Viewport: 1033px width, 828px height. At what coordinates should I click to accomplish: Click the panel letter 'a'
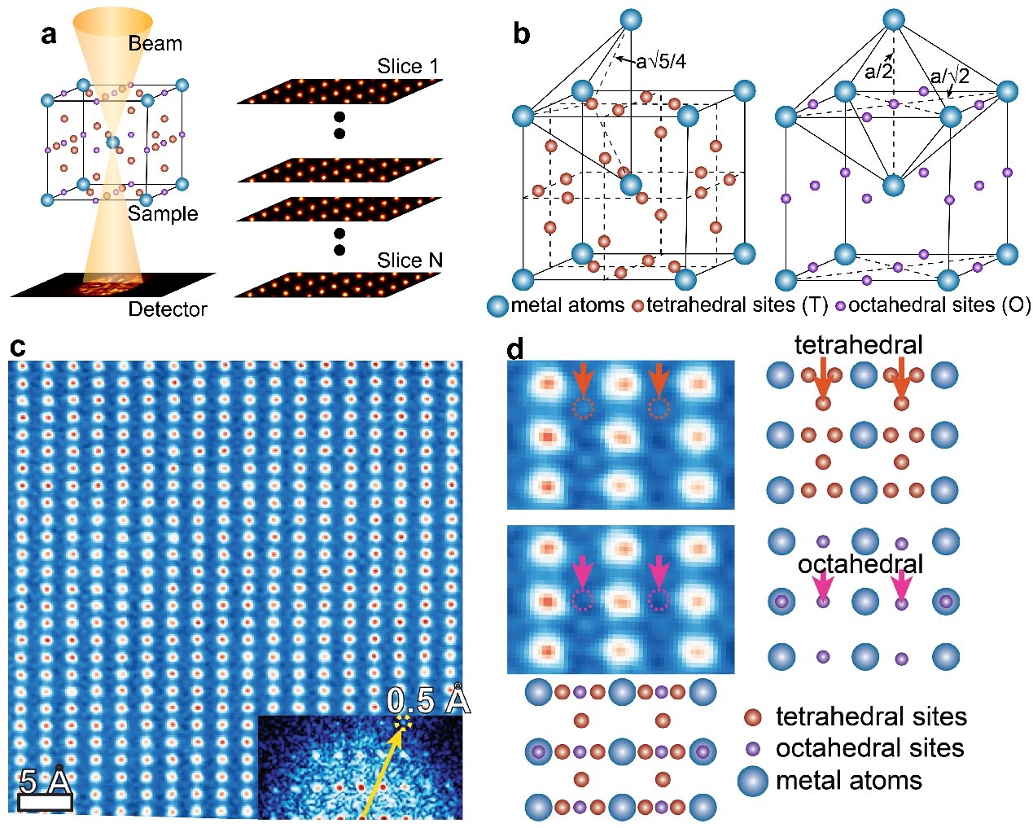pos(50,35)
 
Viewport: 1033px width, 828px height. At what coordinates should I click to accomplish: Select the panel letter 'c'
pos(17,348)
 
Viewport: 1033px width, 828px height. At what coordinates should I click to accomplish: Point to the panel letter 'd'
pos(516,350)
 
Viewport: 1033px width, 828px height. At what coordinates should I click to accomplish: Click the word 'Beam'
pos(155,43)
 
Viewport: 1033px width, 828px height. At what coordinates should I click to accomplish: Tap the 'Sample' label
pos(163,214)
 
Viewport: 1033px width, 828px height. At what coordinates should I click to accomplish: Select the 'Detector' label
pos(168,309)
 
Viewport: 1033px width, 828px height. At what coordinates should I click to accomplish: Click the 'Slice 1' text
pos(407,66)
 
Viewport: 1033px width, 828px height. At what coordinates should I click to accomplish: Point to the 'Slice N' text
pos(409,261)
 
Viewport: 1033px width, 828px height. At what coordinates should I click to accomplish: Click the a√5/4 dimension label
pos(661,61)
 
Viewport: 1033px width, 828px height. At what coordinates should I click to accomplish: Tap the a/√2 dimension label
pos(950,76)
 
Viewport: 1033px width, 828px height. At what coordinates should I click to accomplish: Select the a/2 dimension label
pos(878,72)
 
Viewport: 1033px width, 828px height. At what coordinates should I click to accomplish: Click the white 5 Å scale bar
pos(45,802)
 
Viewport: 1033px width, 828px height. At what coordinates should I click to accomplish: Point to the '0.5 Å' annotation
pos(428,700)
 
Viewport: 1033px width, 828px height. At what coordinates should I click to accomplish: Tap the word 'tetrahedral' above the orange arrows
pos(858,344)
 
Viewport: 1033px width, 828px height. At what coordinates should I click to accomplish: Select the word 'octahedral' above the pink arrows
pos(860,564)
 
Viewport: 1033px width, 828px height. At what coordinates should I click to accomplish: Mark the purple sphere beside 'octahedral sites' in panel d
pos(753,748)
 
